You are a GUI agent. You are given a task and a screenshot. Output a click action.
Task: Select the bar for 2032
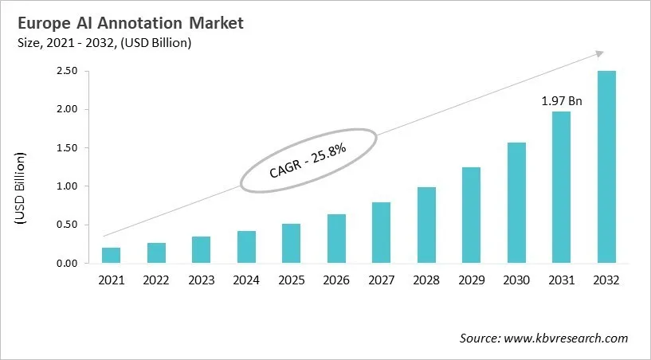[x=606, y=167]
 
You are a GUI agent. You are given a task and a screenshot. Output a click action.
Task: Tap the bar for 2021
[x=111, y=256]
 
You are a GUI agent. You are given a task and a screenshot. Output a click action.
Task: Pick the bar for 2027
[x=381, y=233]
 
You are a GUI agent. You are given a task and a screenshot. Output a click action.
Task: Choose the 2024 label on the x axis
[x=246, y=280]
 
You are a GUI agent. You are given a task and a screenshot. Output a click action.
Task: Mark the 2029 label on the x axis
[x=471, y=280]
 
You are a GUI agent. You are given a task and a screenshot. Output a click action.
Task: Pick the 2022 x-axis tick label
[x=156, y=280]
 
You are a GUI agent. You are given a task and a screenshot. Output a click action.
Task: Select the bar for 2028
[x=426, y=225]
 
